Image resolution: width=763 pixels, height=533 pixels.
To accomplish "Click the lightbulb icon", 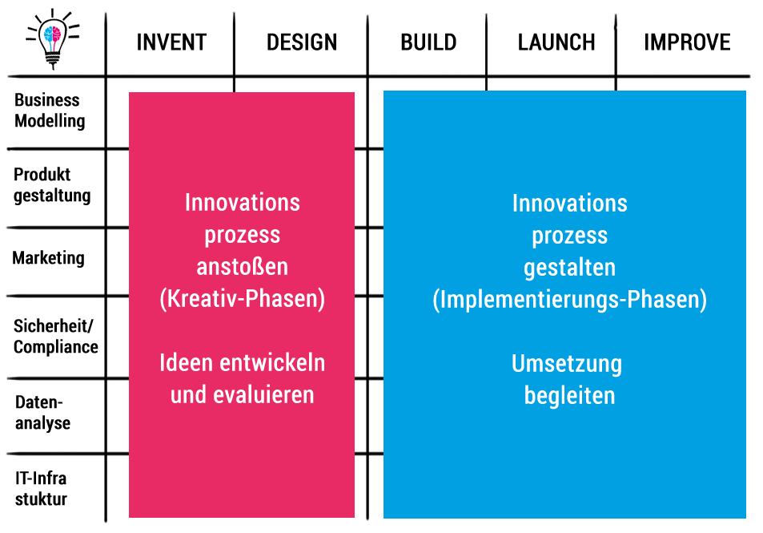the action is pyautogui.click(x=53, y=39).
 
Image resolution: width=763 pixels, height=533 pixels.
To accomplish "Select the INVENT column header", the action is pyautogui.click(x=171, y=42).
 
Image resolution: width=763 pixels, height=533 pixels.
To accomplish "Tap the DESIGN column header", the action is pyautogui.click(x=302, y=42).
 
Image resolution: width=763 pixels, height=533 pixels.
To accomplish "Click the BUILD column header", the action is pyautogui.click(x=428, y=42).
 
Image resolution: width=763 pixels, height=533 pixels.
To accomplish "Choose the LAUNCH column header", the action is pyautogui.click(x=556, y=42).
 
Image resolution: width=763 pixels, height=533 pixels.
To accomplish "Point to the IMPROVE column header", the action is pyautogui.click(x=687, y=42).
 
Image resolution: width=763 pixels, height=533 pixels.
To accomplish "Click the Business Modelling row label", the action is pyautogui.click(x=50, y=111).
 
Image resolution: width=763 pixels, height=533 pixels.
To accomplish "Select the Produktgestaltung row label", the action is pyautogui.click(x=52, y=185).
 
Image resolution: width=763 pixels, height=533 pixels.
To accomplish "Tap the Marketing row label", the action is pyautogui.click(x=48, y=258).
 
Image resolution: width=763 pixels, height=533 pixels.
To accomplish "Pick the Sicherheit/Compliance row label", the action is pyautogui.click(x=55, y=337).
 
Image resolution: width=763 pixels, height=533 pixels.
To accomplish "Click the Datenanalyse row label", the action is pyautogui.click(x=42, y=413).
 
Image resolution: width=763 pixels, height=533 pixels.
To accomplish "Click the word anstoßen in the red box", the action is pyautogui.click(x=243, y=267).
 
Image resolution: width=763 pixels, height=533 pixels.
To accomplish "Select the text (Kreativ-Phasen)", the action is pyautogui.click(x=243, y=299).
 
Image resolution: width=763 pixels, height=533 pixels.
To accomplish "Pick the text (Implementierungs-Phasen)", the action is pyautogui.click(x=570, y=300).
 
